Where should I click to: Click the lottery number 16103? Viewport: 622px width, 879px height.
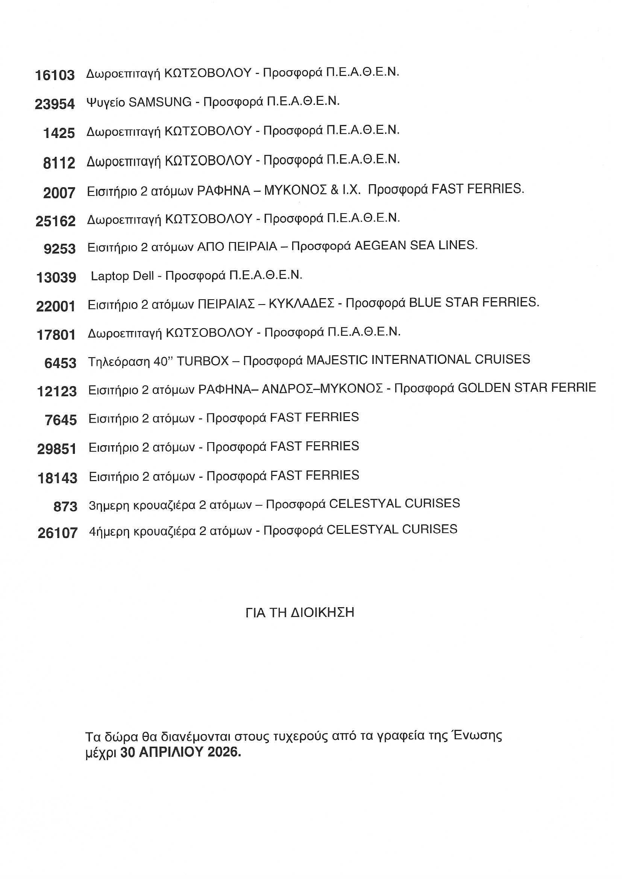click(x=55, y=75)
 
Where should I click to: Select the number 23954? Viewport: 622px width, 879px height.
click(x=55, y=104)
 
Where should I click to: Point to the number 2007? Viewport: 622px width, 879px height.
click(x=59, y=193)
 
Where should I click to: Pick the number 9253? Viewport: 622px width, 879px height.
click(x=60, y=249)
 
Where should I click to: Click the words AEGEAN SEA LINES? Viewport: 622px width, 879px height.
click(x=416, y=246)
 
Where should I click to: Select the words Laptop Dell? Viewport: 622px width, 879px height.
click(x=122, y=276)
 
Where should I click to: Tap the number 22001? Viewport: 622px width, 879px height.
click(x=56, y=306)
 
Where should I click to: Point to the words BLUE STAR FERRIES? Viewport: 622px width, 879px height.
click(x=474, y=302)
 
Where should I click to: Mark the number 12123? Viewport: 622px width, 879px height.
click(x=57, y=391)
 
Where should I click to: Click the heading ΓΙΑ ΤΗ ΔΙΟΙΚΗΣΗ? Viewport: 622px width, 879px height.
click(x=300, y=613)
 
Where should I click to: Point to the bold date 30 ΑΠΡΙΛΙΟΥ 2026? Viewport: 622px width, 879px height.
click(x=181, y=752)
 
